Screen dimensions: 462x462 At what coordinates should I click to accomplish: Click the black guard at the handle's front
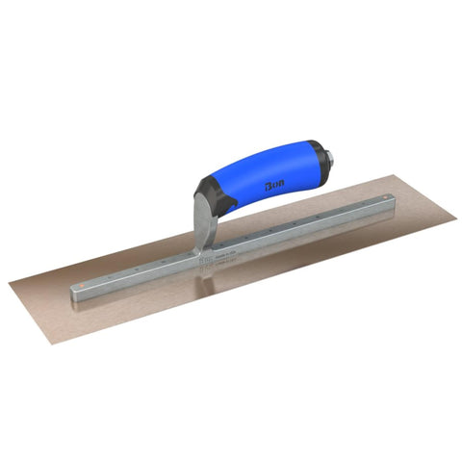tap(211, 198)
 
